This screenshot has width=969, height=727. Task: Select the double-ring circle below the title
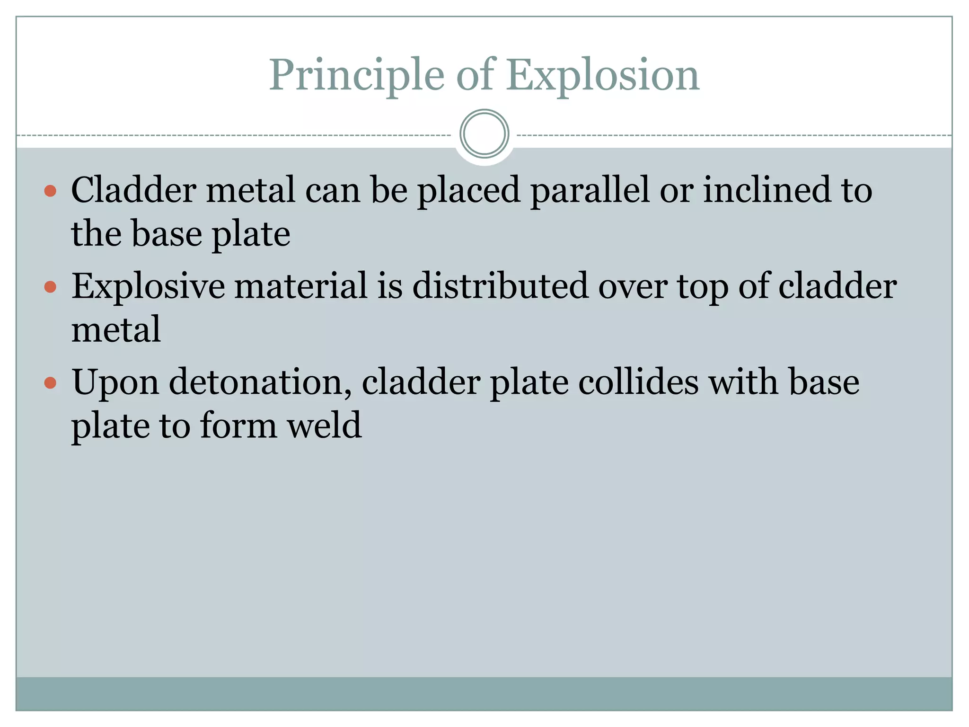[484, 134]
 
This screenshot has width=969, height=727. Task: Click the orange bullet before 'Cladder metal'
[50, 191]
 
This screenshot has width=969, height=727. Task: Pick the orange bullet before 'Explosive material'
[50, 287]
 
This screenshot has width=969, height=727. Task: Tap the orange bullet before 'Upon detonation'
[50, 382]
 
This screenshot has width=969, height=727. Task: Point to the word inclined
[766, 190]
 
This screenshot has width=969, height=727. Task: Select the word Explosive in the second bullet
[148, 287]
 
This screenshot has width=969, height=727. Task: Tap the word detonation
[260, 382]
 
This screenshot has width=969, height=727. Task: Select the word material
[301, 286]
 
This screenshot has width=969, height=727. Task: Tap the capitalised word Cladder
[134, 190]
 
